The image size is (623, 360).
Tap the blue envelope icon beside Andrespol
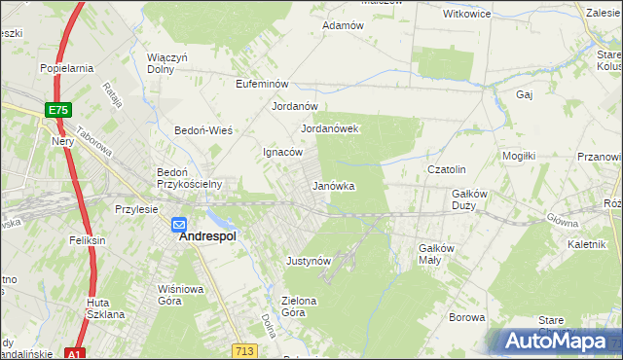(180, 225)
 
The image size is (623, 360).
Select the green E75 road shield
(57, 111)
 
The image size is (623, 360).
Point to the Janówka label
(332, 185)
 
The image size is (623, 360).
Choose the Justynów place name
(310, 261)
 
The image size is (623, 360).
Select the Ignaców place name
(284, 152)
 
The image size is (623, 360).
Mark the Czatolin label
(448, 169)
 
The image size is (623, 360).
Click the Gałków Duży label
(476, 198)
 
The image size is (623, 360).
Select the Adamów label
(342, 25)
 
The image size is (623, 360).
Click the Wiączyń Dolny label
(166, 62)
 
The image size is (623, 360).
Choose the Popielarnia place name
(66, 68)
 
